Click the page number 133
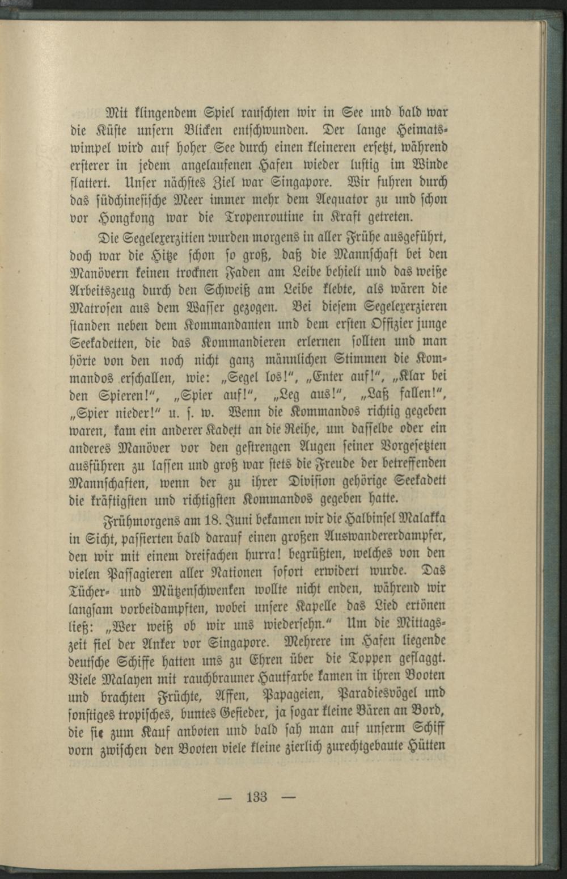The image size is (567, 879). [x=256, y=797]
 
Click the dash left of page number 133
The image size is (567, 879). [x=226, y=797]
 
